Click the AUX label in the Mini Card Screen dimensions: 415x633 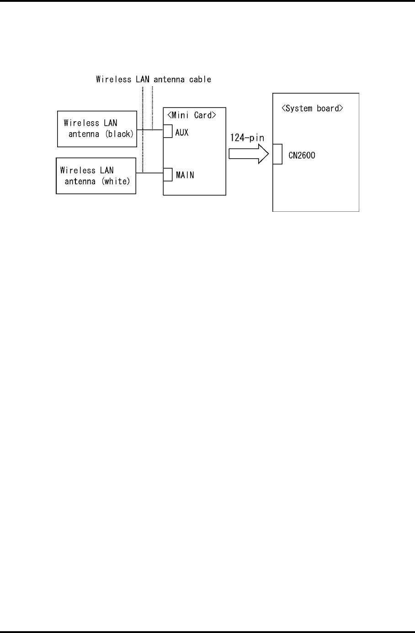[182, 133]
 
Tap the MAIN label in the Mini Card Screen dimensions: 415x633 [185, 175]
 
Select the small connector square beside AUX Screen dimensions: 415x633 [168, 131]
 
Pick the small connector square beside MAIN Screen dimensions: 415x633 [168, 175]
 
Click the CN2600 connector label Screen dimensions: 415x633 [302, 155]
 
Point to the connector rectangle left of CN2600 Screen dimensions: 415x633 [277, 154]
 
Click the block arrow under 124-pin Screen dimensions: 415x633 [249, 154]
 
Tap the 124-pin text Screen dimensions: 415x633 [247, 138]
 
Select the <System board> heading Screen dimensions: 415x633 [312, 108]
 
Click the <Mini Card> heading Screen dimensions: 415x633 [192, 115]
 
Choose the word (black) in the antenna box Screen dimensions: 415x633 [119, 134]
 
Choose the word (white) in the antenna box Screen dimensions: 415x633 [116, 181]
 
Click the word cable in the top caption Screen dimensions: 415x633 [200, 79]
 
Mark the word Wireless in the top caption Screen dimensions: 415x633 [114, 79]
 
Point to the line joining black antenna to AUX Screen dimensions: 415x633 [150, 130]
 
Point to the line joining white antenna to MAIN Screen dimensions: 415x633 [149, 173]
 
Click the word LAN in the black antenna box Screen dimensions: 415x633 [111, 123]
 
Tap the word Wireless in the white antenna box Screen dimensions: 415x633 [78, 170]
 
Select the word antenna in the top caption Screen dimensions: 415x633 [169, 79]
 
